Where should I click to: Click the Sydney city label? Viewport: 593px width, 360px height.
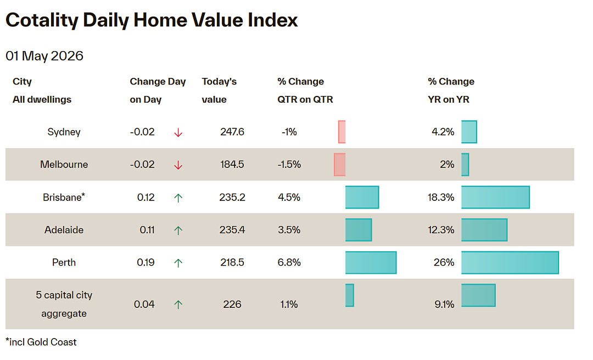point(64,132)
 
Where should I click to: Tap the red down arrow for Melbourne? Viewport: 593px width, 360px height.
point(178,165)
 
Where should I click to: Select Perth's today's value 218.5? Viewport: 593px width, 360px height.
point(232,262)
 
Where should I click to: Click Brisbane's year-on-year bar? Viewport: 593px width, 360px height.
point(495,197)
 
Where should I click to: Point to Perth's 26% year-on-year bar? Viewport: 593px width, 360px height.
point(510,262)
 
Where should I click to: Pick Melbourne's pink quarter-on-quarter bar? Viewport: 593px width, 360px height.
point(340,165)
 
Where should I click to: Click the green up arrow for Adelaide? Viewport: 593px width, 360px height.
point(178,230)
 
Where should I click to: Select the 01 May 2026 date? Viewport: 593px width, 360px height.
point(44,56)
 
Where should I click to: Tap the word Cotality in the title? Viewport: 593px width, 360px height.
point(42,20)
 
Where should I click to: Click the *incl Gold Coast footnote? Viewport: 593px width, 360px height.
point(41,342)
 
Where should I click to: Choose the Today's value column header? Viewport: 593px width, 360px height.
point(219,91)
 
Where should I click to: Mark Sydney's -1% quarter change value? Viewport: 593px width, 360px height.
point(289,132)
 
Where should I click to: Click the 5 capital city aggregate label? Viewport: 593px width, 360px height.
point(64,304)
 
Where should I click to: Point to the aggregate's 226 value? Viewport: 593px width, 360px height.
point(232,305)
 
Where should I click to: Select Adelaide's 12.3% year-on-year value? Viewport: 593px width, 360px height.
point(441,230)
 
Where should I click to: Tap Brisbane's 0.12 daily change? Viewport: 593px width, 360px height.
point(146,198)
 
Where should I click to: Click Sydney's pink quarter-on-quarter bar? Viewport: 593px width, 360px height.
point(342,132)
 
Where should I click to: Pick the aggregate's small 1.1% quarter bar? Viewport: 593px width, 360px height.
point(349,295)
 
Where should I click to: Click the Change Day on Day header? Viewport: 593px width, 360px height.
point(158,91)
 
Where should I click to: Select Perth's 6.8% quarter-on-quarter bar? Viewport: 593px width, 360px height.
point(371,262)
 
